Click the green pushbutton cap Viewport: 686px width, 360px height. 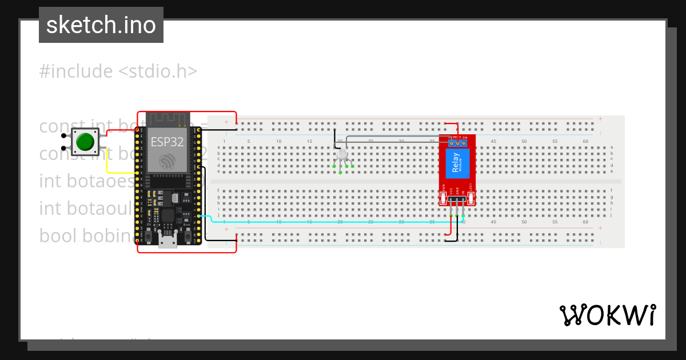[85, 142]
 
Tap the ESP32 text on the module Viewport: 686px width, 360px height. [167, 142]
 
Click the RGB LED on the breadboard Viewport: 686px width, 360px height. [342, 154]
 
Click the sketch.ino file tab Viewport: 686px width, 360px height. [101, 25]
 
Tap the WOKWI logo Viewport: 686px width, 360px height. [607, 315]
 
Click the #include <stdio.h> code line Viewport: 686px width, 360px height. [118, 71]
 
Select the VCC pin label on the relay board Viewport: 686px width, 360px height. [451, 191]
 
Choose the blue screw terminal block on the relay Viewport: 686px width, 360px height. [457, 141]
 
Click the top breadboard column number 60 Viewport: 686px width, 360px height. [585, 141]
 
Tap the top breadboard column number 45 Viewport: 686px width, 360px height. [493, 141]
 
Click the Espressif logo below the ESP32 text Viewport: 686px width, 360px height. [167, 161]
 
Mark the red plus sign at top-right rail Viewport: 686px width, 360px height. [600, 119]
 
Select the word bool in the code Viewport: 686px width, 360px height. [59, 235]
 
